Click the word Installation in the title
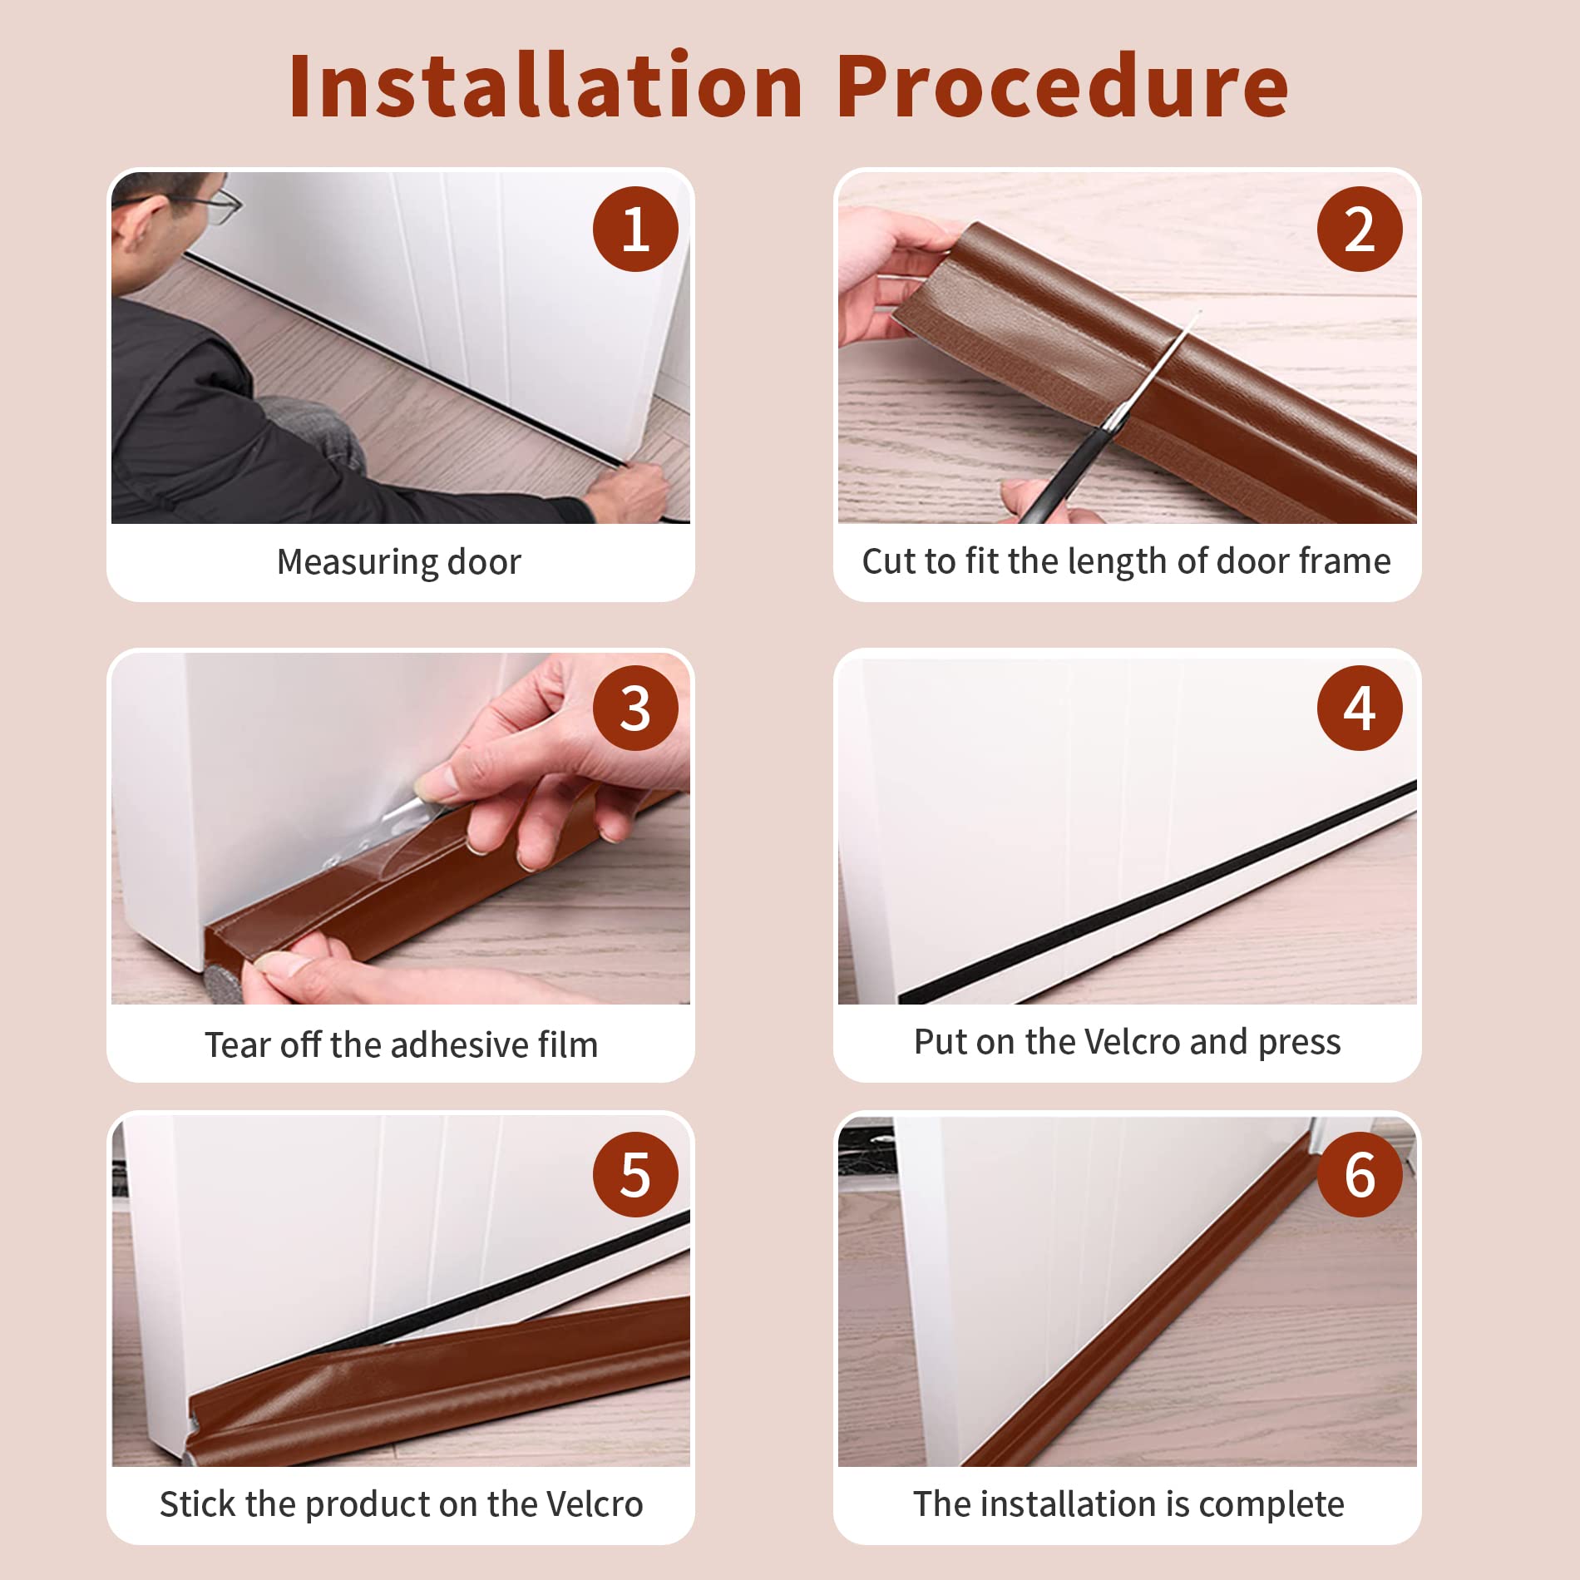pyautogui.click(x=545, y=86)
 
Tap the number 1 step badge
pyautogui.click(x=635, y=229)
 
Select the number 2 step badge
pyautogui.click(x=1360, y=229)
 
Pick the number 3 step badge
pyautogui.click(x=635, y=708)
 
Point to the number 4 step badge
pyautogui.click(x=1360, y=708)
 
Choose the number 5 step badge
pyautogui.click(x=635, y=1174)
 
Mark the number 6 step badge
pyautogui.click(x=1360, y=1174)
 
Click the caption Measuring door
pyautogui.click(x=399, y=562)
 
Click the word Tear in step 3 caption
pyautogui.click(x=237, y=1044)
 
